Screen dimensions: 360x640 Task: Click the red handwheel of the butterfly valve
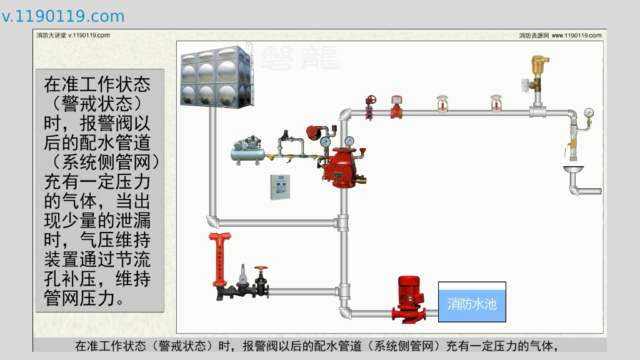pos(371,100)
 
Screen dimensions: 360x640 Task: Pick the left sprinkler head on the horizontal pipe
pos(442,104)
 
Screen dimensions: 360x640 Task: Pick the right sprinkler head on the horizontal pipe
pos(496,104)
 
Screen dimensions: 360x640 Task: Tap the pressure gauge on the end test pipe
pos(588,113)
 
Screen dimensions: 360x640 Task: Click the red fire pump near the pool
pos(410,299)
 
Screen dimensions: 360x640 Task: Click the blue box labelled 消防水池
pos(472,302)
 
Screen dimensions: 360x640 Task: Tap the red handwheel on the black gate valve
pos(260,269)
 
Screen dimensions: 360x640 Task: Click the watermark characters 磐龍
pos(301,57)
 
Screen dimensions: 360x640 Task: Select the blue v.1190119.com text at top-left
pos(63,17)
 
